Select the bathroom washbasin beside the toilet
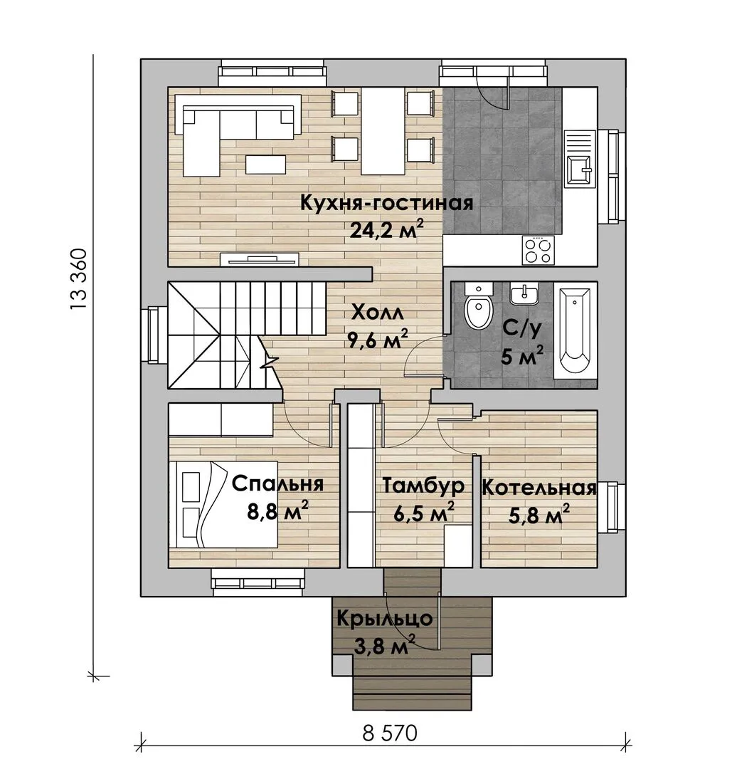click(524, 293)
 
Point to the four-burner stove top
click(538, 250)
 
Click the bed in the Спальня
click(223, 503)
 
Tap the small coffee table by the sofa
click(266, 164)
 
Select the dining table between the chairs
click(383, 131)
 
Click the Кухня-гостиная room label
click(386, 202)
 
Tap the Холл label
click(378, 313)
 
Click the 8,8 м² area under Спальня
click(277, 511)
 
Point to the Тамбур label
click(423, 485)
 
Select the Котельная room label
click(539, 488)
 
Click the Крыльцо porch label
click(385, 619)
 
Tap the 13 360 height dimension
click(78, 280)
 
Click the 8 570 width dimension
click(390, 733)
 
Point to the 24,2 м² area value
click(386, 229)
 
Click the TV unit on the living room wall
click(260, 259)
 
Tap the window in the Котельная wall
click(612, 507)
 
